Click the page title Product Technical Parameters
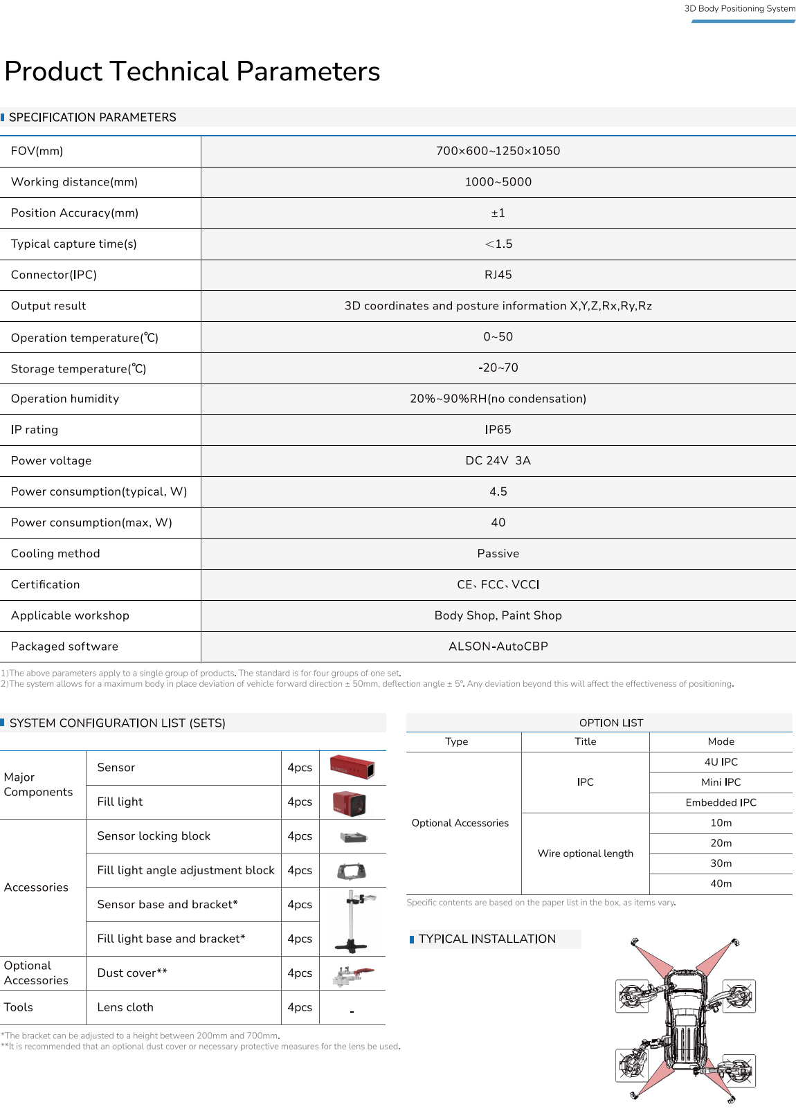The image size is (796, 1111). tap(192, 71)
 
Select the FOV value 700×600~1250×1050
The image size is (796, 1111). tap(498, 151)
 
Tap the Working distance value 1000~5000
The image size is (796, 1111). tap(498, 182)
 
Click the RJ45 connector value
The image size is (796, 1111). tap(498, 275)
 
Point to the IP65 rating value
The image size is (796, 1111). tap(498, 430)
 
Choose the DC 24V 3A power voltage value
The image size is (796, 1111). tap(498, 461)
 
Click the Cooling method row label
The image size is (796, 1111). tap(55, 554)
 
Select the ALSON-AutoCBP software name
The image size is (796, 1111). tap(498, 647)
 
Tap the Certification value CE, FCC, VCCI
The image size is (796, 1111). tap(498, 585)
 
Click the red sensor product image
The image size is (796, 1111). tap(352, 768)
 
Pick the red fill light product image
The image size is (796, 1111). tap(350, 802)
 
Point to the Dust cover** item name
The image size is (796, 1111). tap(132, 973)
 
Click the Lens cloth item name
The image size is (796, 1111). tap(125, 1008)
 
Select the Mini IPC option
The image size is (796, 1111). tap(721, 782)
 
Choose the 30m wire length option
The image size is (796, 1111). tap(721, 863)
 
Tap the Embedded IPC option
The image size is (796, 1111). tap(721, 803)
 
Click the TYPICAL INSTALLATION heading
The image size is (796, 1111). tap(487, 939)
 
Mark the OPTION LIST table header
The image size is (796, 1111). tap(611, 723)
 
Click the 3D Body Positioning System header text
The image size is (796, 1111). tap(739, 9)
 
